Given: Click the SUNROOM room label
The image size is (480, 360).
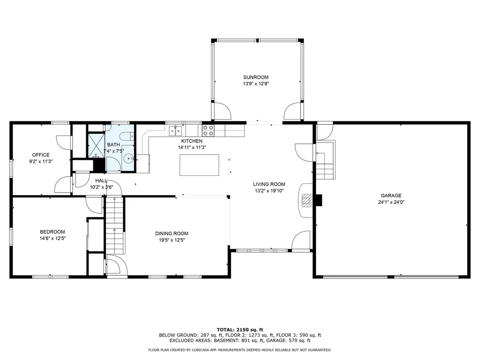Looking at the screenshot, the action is coord(255,77).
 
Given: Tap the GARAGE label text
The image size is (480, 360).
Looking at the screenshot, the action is coord(391,195).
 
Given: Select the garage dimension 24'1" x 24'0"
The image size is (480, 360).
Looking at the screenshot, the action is coord(391,202).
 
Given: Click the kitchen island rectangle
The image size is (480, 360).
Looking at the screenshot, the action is coord(199,165).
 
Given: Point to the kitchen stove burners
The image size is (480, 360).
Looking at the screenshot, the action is coord(208,130).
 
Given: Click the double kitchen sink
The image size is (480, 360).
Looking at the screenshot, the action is coord(175,131).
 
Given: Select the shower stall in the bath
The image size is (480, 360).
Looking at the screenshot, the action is coord(97,145).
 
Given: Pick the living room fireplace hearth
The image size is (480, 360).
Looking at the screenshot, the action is coord(306,201).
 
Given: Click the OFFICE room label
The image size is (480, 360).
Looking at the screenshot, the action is coord(41,155).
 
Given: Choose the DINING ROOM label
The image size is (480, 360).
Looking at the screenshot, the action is coord(172,233).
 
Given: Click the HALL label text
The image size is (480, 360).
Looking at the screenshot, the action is coord(101,180).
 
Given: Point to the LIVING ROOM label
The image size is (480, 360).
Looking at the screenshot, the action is coord(269,184).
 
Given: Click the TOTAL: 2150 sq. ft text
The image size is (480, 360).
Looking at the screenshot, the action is coord(240,330).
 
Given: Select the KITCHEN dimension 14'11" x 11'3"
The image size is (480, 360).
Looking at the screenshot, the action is coord(192,147).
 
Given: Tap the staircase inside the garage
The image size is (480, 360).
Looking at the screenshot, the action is coord(325,160).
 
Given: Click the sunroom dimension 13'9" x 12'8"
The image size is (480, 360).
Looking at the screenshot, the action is coord(256,83).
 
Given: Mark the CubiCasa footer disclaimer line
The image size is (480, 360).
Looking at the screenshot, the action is coord(240,350).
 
